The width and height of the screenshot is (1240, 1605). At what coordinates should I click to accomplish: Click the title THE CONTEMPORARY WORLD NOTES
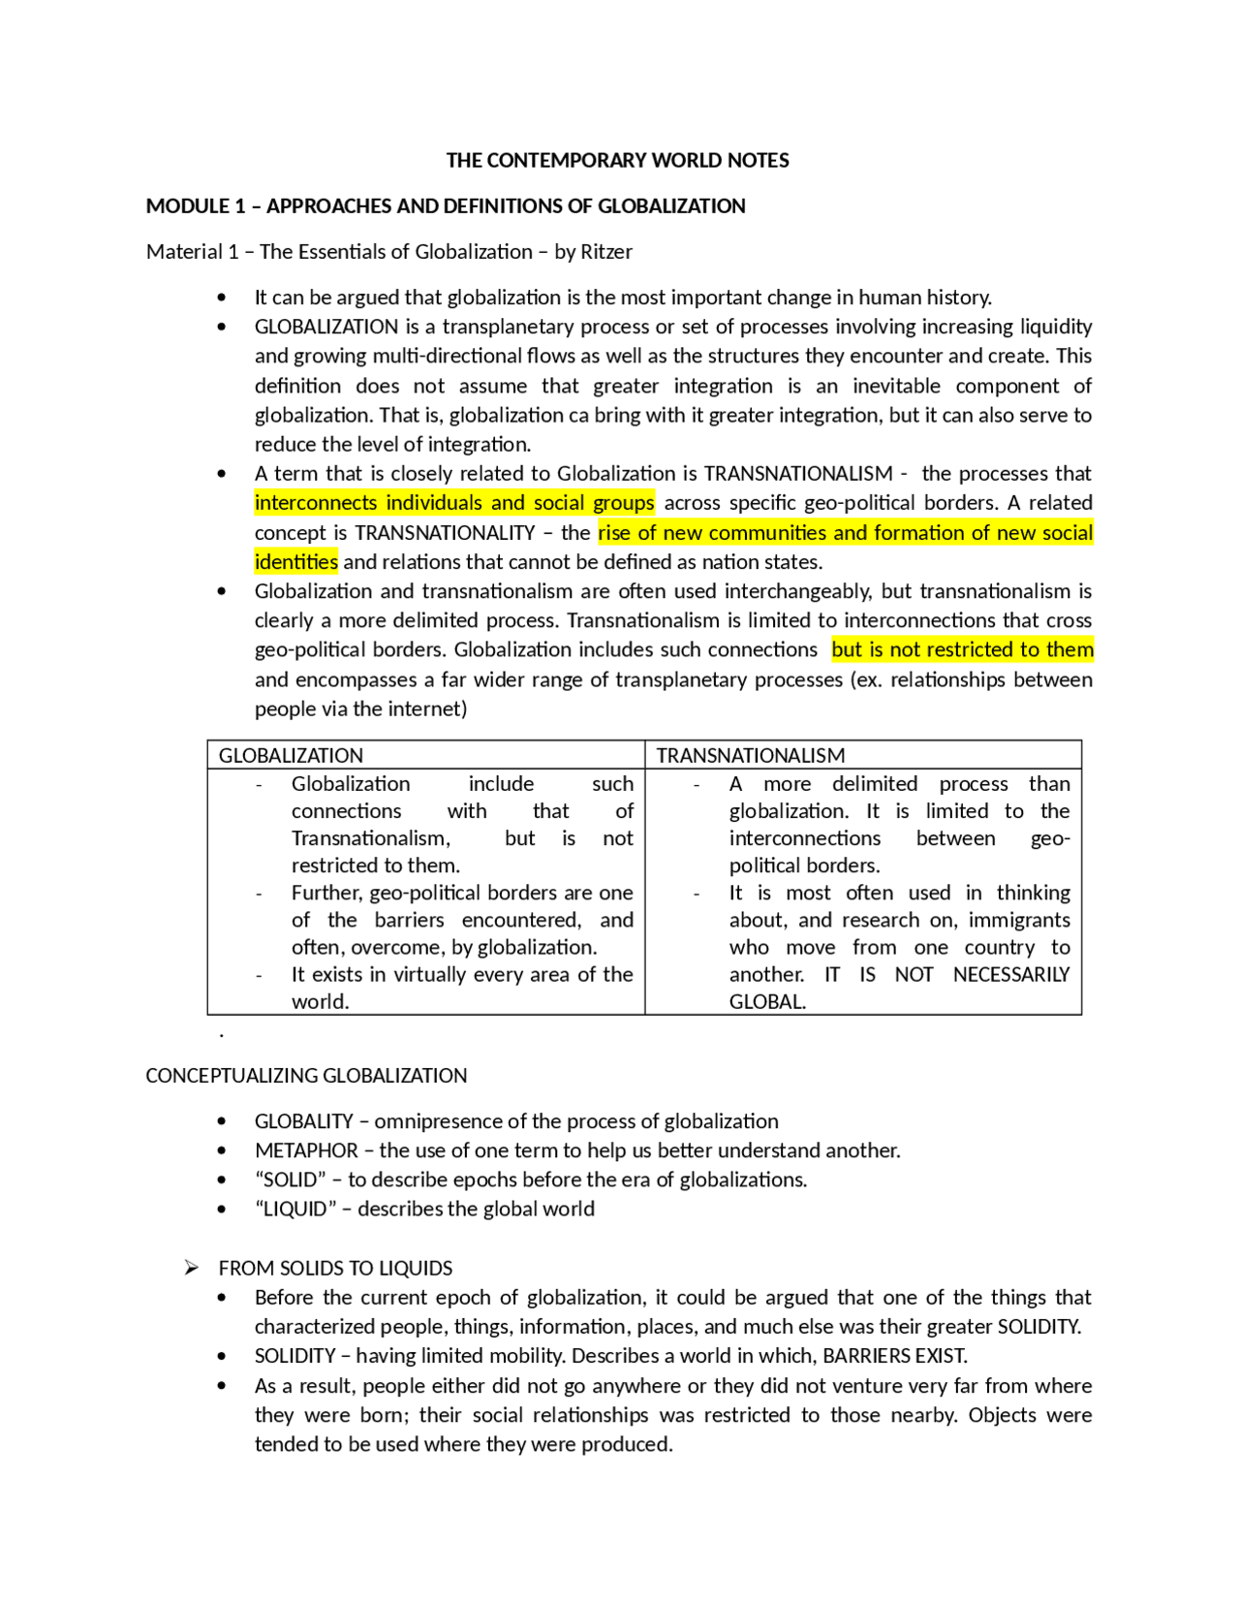click(x=617, y=160)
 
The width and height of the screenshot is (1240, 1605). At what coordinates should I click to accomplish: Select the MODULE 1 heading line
click(x=445, y=205)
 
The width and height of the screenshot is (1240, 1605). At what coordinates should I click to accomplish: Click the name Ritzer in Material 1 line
click(x=605, y=252)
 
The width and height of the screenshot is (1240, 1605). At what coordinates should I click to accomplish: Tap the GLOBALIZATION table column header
click(x=291, y=755)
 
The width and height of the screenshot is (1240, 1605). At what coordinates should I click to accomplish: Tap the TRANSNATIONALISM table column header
click(x=750, y=755)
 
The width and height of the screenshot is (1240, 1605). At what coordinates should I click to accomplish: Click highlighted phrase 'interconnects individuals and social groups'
click(x=453, y=503)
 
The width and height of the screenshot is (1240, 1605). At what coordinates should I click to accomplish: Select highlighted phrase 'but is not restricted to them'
click(x=962, y=649)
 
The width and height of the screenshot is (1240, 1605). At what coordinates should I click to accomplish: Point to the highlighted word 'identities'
click(x=295, y=562)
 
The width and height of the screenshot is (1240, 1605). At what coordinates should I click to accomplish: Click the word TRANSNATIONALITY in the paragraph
click(x=445, y=533)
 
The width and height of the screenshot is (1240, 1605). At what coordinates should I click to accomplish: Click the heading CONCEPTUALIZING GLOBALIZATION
click(x=306, y=1076)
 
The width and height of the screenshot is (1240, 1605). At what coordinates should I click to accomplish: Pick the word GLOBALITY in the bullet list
click(x=303, y=1121)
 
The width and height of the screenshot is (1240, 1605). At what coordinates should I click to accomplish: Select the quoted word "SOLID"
click(x=291, y=1180)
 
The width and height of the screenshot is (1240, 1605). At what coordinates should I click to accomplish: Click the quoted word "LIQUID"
click(x=293, y=1209)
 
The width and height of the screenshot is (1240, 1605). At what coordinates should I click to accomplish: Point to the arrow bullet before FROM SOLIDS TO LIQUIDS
click(x=192, y=1268)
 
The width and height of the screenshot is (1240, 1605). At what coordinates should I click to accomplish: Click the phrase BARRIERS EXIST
click(x=894, y=1356)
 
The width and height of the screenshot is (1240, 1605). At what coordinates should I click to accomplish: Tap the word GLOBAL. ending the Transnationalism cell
click(x=767, y=1002)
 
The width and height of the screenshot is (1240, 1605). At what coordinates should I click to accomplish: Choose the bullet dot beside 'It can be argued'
click(x=222, y=298)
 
